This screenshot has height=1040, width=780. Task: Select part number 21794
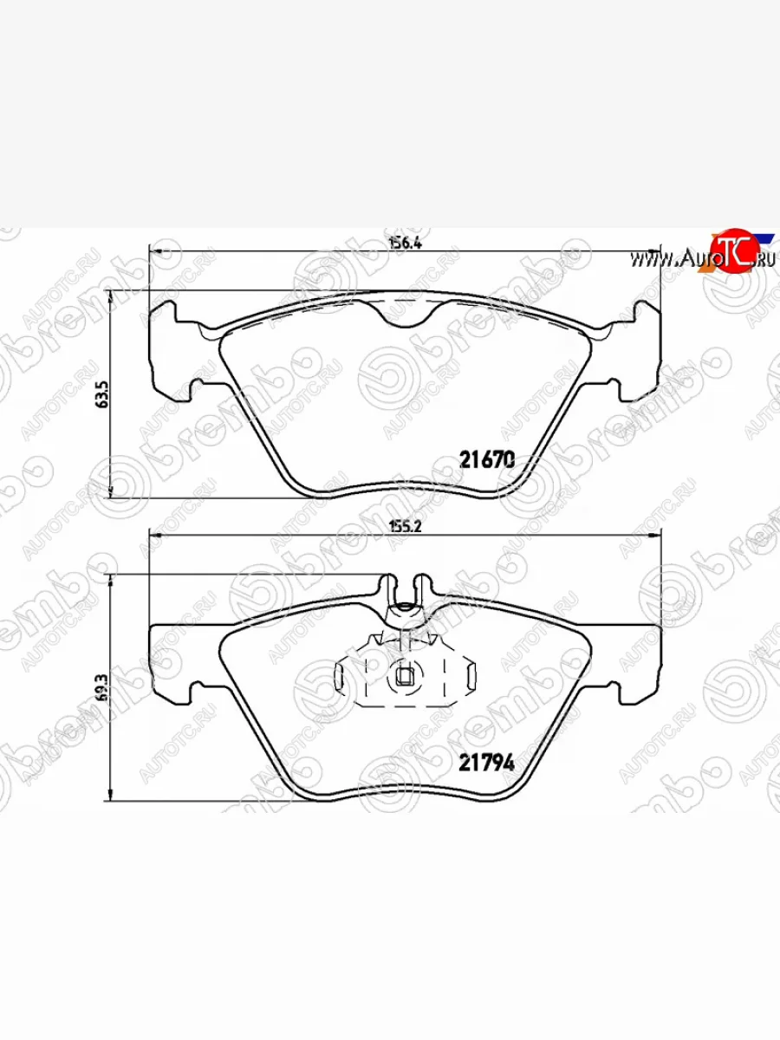tap(487, 763)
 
